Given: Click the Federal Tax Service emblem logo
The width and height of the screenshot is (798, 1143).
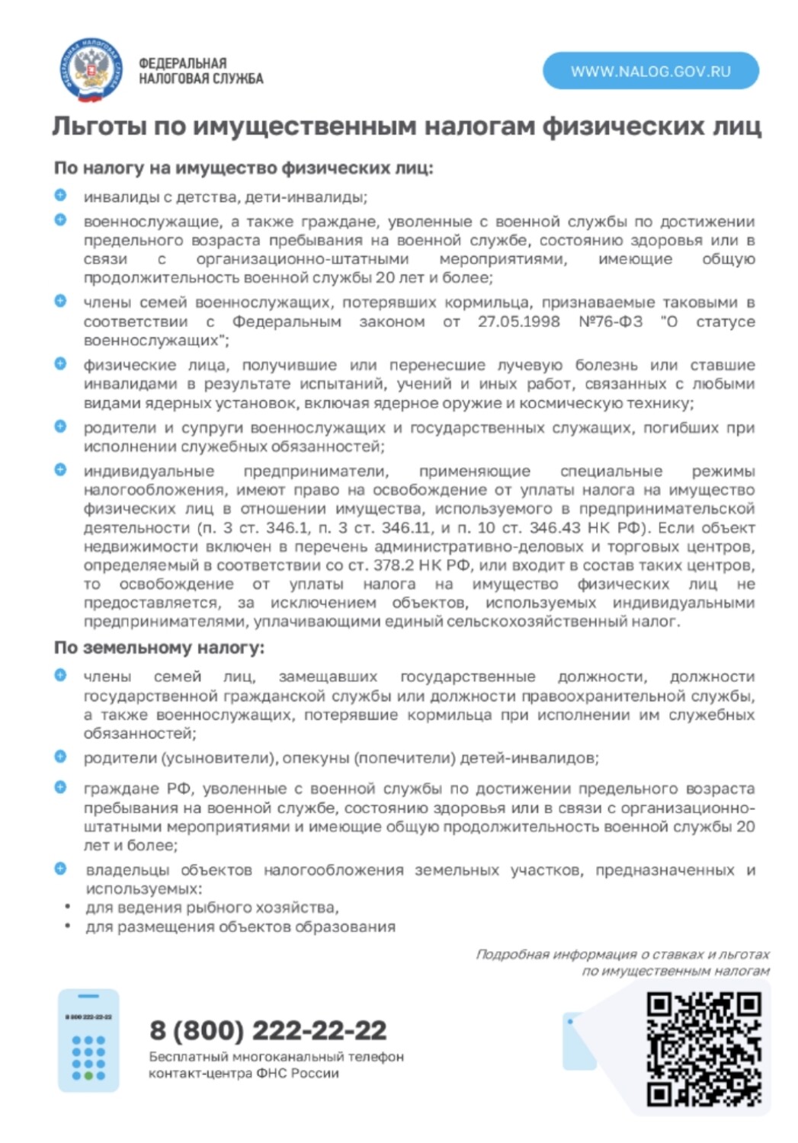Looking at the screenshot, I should [x=92, y=71].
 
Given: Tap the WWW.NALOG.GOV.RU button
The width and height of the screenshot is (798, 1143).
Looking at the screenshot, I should [x=650, y=72].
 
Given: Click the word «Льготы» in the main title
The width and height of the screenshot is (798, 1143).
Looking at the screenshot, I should [x=98, y=126].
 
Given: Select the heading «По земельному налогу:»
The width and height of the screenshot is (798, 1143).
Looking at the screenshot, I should [x=159, y=648].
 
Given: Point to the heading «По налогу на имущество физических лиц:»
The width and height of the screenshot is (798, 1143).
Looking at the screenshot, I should [x=243, y=168].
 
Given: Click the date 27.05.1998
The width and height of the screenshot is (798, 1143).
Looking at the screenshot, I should [x=518, y=322].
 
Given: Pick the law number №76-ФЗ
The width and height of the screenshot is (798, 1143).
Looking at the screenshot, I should [x=610, y=322].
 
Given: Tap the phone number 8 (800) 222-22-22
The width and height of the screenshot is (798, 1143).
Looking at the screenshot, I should [x=268, y=1030].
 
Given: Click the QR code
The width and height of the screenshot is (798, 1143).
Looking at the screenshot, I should [x=703, y=1049].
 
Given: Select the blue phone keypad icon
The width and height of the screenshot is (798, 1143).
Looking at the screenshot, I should [x=88, y=1041].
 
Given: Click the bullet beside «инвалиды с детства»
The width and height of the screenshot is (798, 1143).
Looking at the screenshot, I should [x=60, y=196].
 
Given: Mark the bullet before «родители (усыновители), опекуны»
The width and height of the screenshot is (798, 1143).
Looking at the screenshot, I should [x=60, y=757].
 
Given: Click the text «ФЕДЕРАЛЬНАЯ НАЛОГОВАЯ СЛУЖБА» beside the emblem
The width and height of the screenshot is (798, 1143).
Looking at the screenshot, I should [x=200, y=71].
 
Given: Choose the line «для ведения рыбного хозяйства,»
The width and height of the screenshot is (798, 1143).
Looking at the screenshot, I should [x=212, y=908].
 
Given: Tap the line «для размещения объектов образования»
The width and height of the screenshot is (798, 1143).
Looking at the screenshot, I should [x=240, y=927].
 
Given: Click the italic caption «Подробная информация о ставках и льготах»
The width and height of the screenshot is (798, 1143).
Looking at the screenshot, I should [x=622, y=954].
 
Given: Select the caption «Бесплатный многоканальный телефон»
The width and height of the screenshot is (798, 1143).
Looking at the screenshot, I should [x=276, y=1057].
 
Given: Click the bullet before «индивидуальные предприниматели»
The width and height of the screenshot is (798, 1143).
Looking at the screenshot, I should [x=60, y=469].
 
